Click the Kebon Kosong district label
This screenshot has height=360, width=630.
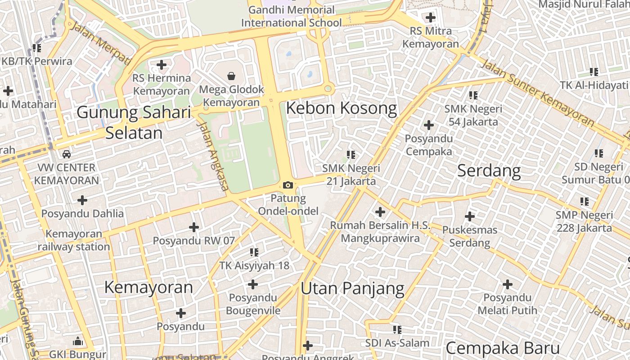pos(342,108)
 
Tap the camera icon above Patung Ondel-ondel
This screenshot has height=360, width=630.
pos(288,185)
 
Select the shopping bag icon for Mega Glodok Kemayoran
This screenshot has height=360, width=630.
pos(231,76)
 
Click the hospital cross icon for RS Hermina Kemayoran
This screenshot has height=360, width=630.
pos(161,65)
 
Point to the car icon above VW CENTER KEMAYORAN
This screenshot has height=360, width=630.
pos(67,154)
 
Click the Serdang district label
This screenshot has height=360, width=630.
pos(489,171)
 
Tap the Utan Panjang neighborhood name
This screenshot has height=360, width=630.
pos(352,288)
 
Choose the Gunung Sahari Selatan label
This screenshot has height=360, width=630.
pos(134,122)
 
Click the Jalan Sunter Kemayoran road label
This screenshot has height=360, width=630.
pos(537,93)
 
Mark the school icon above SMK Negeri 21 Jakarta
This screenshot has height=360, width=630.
pos(351,155)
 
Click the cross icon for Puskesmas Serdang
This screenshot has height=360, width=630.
pos(469,216)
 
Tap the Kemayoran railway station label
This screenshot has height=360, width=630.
pos(74,240)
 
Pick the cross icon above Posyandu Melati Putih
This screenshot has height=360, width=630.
pos(507,284)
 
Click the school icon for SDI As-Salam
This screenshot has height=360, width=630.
pos(397,330)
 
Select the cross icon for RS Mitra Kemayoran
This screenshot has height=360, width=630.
pos(431,18)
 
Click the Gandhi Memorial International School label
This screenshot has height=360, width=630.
pos(292,16)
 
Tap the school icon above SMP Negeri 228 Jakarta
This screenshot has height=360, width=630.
pos(584,202)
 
